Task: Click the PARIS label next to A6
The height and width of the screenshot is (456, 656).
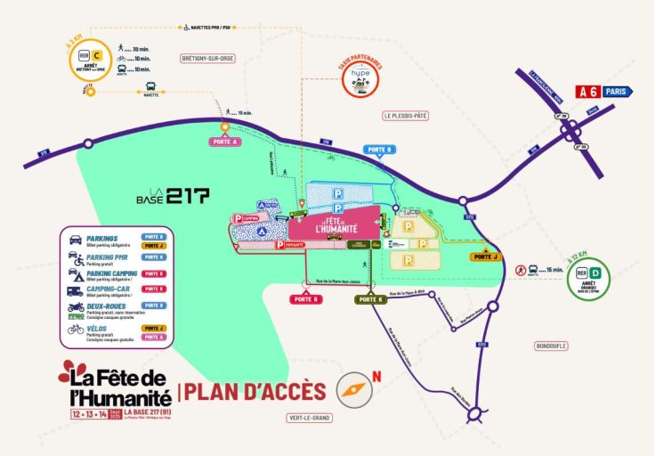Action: point(616,91)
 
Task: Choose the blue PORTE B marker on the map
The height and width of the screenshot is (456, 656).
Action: point(378,149)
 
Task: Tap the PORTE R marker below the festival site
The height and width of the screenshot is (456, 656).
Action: point(305,299)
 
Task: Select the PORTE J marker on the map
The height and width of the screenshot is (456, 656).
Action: point(486,257)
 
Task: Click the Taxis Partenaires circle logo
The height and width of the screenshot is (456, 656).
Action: point(361,79)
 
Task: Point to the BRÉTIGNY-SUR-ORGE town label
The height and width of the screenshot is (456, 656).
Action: point(207,59)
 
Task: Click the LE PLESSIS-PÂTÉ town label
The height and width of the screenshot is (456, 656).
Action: point(406,116)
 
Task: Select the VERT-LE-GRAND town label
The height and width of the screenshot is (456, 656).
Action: point(311,417)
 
